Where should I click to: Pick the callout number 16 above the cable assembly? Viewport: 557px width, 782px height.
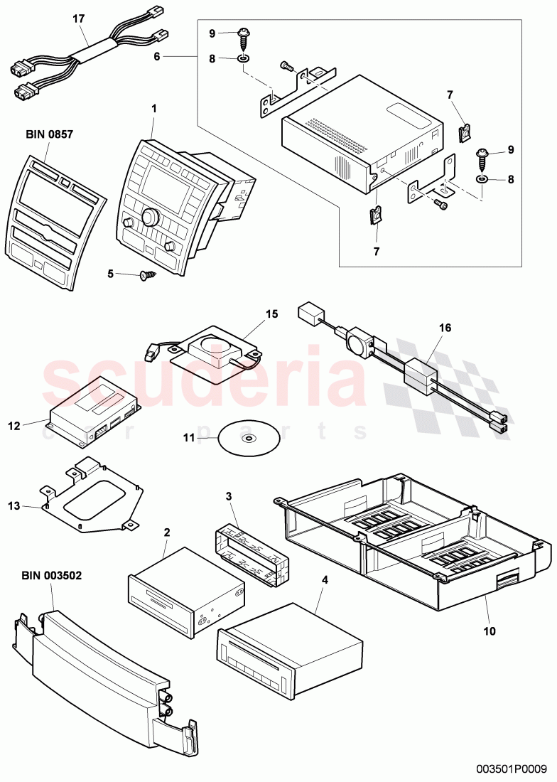(x=445, y=328)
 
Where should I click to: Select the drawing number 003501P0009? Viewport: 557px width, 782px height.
(x=511, y=768)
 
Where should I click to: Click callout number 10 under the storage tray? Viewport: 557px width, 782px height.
(x=489, y=630)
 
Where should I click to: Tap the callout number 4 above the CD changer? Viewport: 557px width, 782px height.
(x=325, y=581)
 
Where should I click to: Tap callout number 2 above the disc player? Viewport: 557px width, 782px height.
(x=166, y=532)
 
